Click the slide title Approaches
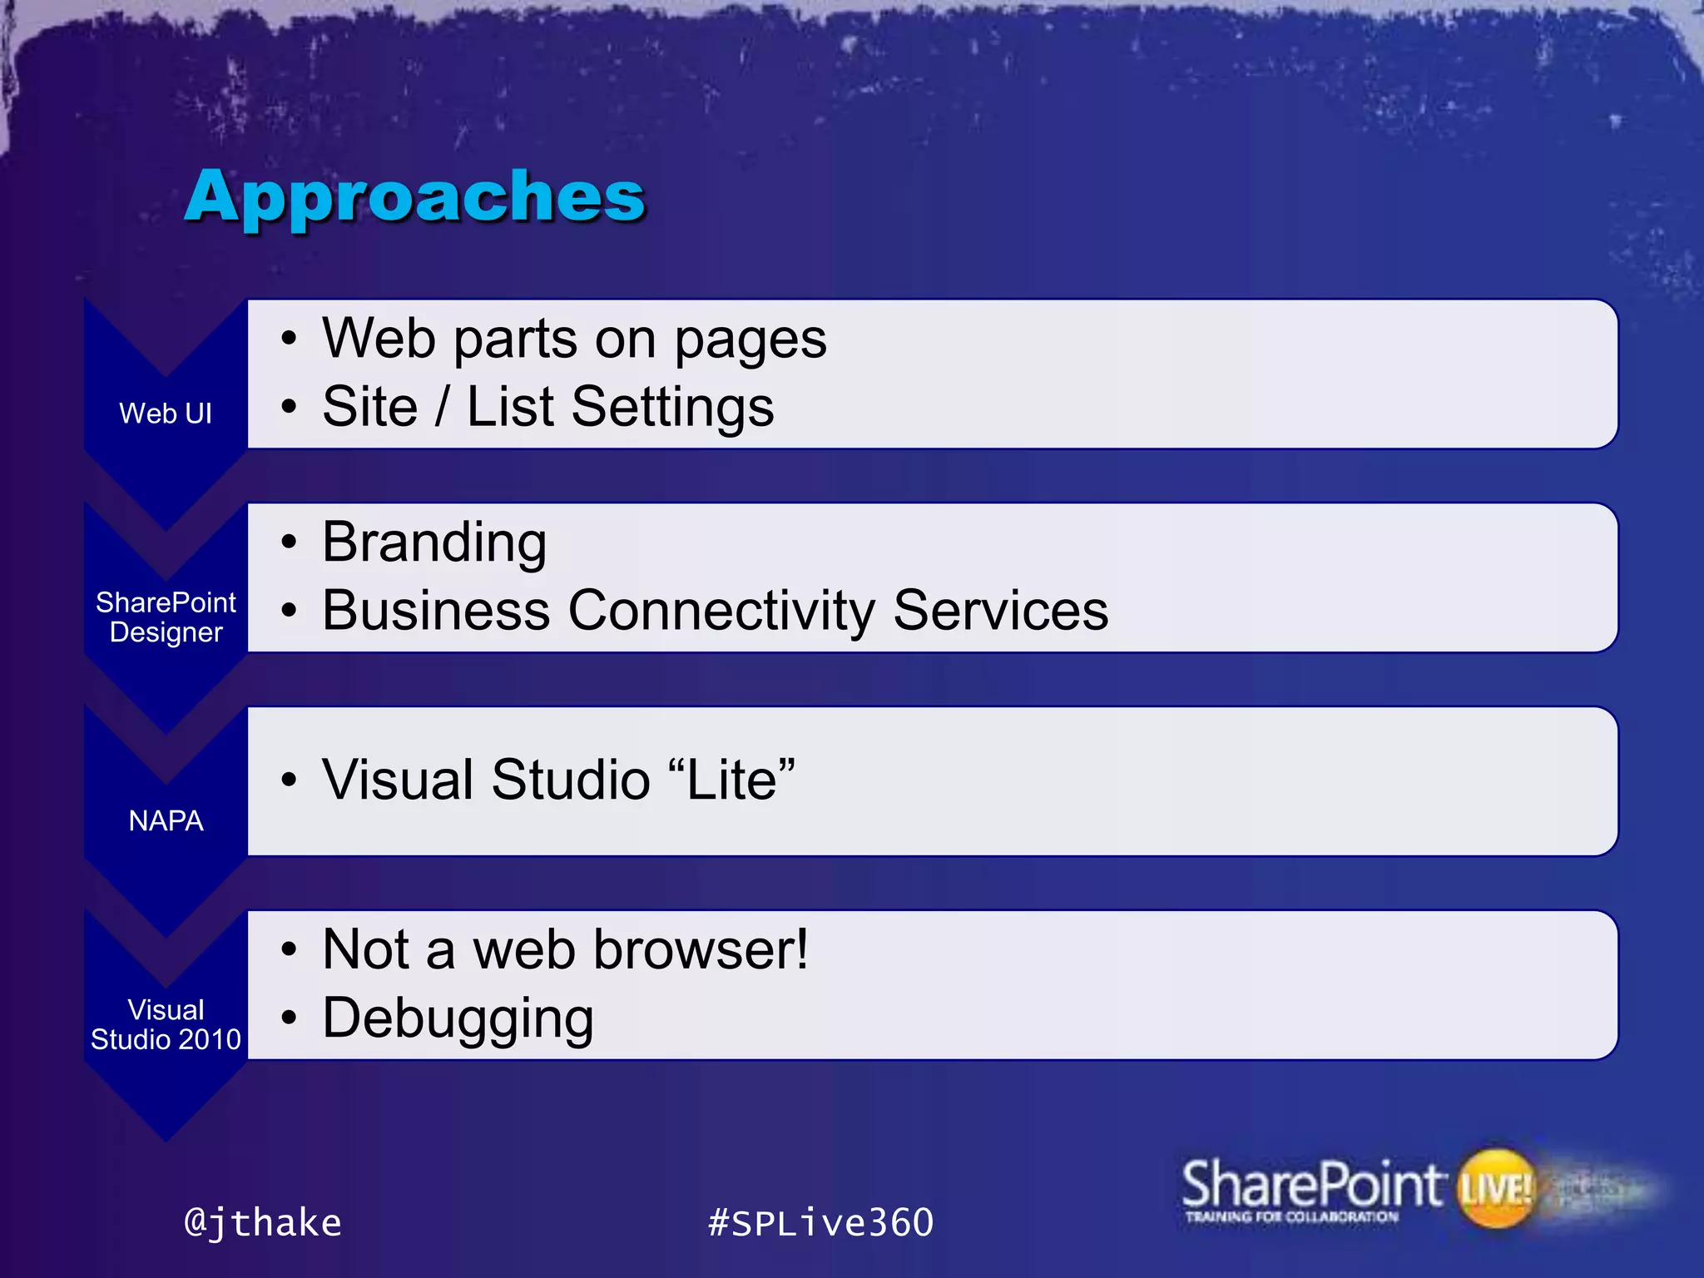click(414, 196)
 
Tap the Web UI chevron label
click(166, 414)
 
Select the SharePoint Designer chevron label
click(166, 617)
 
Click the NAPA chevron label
click(166, 820)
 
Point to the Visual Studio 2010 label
click(166, 1024)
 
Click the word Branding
click(434, 542)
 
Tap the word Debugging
click(458, 1018)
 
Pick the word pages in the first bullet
click(750, 341)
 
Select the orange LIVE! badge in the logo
click(1496, 1188)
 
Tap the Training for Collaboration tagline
click(1291, 1217)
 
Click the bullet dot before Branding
click(289, 542)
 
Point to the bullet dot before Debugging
click(289, 1018)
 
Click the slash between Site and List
click(442, 407)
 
